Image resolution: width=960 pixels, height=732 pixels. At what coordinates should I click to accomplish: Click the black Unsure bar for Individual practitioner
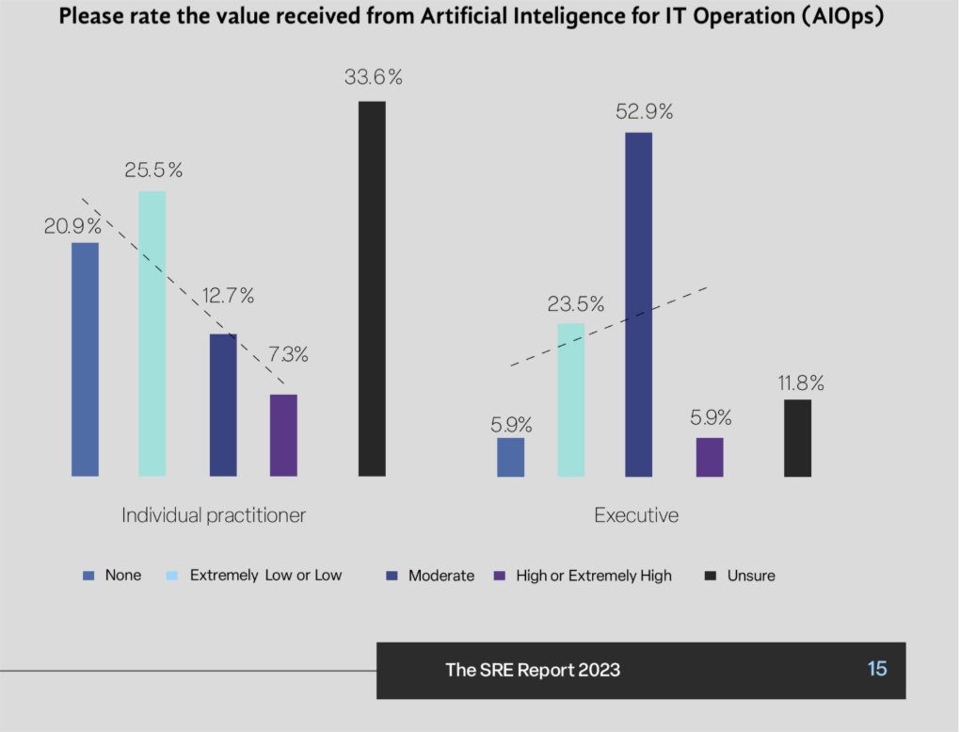(372, 288)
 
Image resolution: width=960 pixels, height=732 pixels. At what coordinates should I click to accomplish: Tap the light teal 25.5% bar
(152, 333)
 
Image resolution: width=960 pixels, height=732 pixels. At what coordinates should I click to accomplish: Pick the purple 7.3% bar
(283, 435)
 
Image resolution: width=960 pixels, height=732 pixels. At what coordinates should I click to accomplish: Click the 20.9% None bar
(85, 359)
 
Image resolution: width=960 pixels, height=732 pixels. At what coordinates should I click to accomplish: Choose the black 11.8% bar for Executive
(797, 438)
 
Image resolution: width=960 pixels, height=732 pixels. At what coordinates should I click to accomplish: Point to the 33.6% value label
(373, 78)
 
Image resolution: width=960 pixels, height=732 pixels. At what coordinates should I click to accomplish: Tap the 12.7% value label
(228, 296)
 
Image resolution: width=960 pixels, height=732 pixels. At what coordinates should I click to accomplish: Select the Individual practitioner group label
(214, 515)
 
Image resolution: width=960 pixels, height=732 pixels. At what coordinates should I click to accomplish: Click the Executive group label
(636, 515)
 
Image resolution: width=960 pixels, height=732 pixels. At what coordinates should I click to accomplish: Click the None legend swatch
(89, 576)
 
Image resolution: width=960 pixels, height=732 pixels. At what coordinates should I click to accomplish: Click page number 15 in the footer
(877, 669)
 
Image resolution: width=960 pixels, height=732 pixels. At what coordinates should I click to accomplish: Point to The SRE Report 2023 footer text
(533, 670)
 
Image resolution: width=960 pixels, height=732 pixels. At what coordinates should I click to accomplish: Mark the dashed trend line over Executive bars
(607, 326)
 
